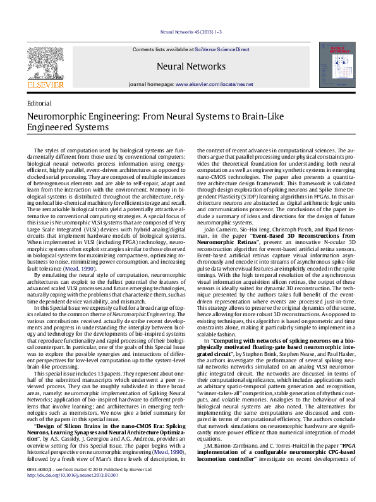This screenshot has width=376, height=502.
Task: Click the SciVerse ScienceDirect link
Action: click(x=222, y=49)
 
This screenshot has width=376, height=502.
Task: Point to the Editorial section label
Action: click(x=40, y=102)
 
